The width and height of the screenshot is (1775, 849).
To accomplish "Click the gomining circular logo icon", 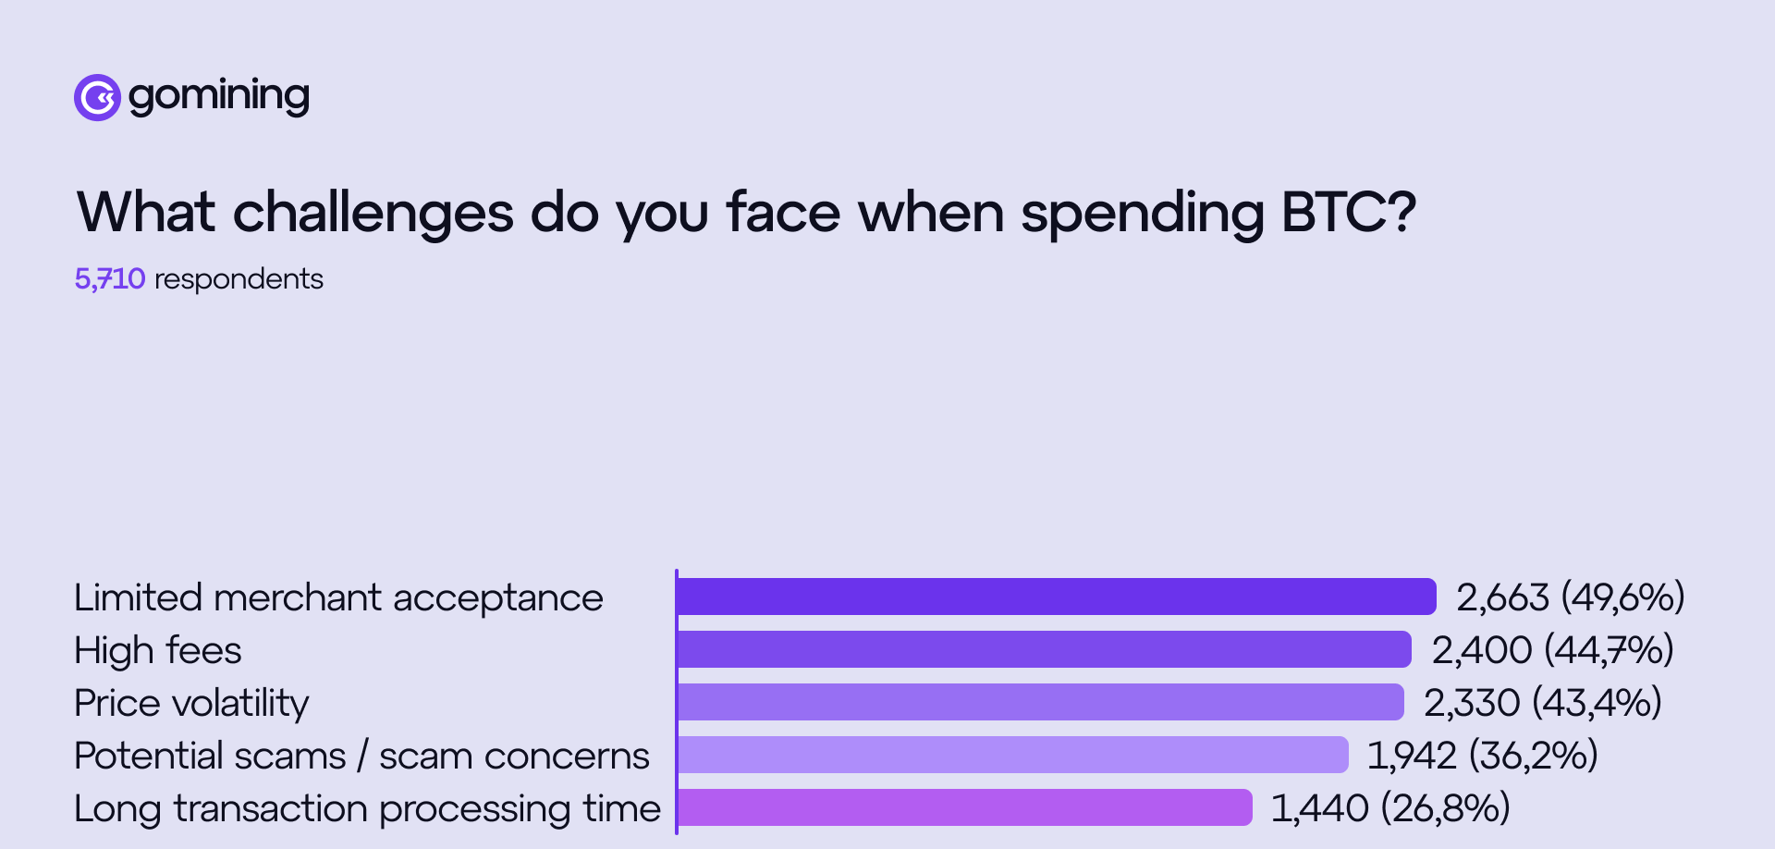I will pyautogui.click(x=97, y=97).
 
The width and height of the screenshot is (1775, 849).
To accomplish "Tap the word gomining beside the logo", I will pyautogui.click(x=218, y=96).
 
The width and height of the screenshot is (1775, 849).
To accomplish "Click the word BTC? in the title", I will pyautogui.click(x=1348, y=212).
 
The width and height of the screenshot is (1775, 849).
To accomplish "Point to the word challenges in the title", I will pyautogui.click(x=373, y=214).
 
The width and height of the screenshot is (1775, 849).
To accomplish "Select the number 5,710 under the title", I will pyautogui.click(x=110, y=278).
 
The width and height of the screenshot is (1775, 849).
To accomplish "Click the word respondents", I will pyautogui.click(x=239, y=279).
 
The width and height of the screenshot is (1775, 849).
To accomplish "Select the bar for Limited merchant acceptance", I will pyautogui.click(x=1056, y=597).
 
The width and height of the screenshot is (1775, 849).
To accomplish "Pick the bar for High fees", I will pyautogui.click(x=1044, y=649).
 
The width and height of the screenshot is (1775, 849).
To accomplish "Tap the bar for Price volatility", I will pyautogui.click(x=1040, y=702).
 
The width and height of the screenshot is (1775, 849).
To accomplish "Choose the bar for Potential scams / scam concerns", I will pyautogui.click(x=1012, y=755).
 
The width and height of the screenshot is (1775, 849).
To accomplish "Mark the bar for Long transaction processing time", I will pyautogui.click(x=964, y=807).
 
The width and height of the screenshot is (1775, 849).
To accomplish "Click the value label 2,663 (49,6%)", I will pyautogui.click(x=1570, y=597).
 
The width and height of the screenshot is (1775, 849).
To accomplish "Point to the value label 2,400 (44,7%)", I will pyautogui.click(x=1552, y=650).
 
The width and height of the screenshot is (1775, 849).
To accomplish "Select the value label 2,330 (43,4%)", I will pyautogui.click(x=1542, y=703).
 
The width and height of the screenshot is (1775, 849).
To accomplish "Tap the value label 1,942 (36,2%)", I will pyautogui.click(x=1482, y=756).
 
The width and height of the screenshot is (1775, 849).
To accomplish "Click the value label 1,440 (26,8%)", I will pyautogui.click(x=1389, y=808).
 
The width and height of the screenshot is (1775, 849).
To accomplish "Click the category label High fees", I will pyautogui.click(x=158, y=650).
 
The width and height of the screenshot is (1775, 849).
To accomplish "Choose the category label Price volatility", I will pyautogui.click(x=191, y=703).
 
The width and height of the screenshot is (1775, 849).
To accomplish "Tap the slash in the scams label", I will pyautogui.click(x=362, y=756).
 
